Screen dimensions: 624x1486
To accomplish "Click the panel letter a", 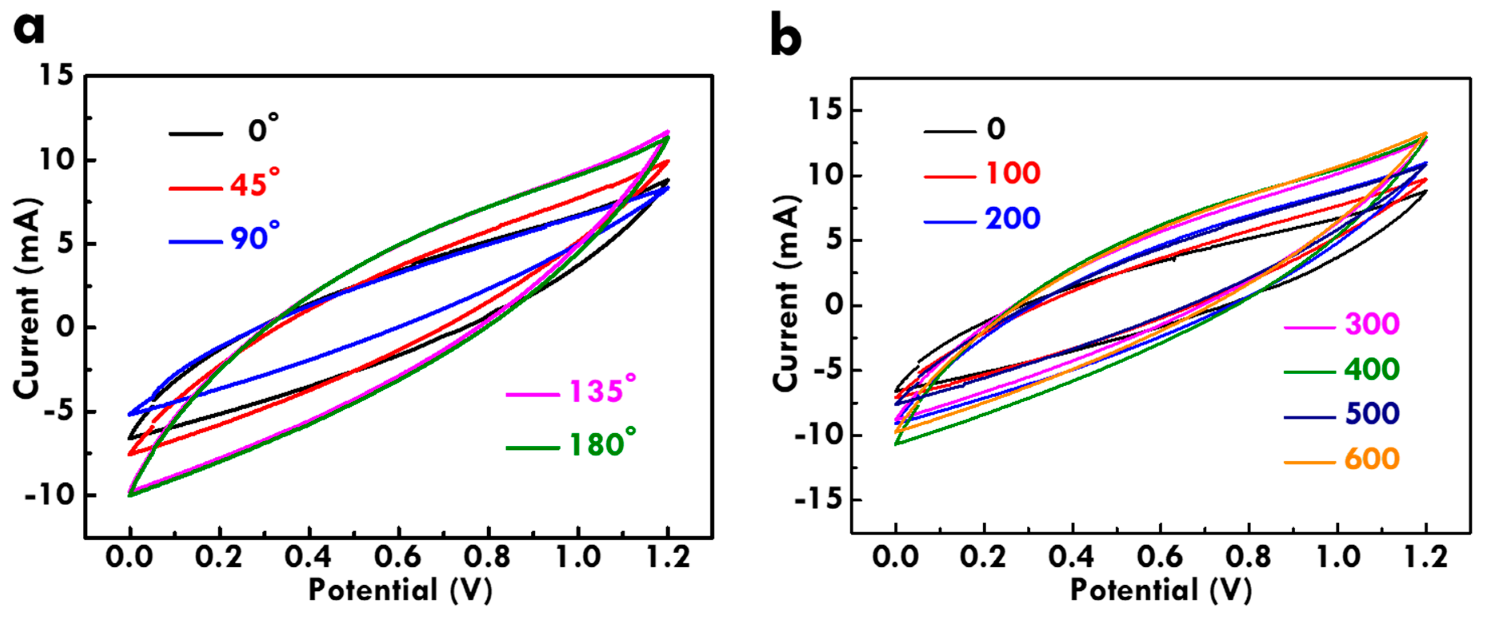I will click(x=29, y=29).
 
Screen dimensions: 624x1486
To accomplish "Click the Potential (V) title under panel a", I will click(x=400, y=590).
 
